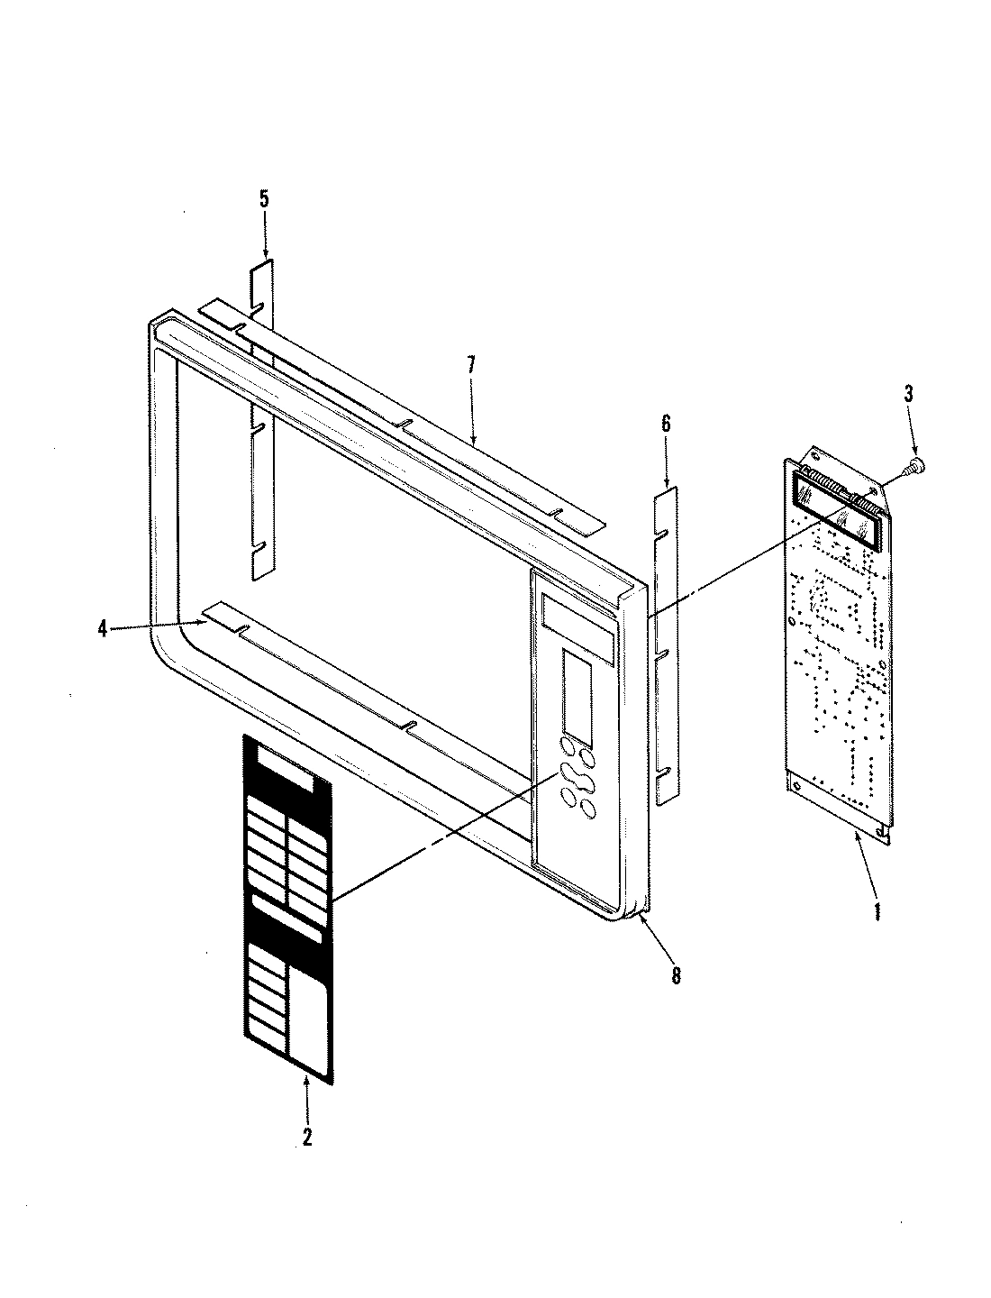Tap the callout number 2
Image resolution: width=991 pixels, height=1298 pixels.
coord(306,1138)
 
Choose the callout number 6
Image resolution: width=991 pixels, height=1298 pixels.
coord(666,424)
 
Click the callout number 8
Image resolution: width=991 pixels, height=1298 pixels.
coord(676,974)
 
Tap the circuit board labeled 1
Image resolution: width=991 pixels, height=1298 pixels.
coord(838,649)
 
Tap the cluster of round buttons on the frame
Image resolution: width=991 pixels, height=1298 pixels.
coord(577,775)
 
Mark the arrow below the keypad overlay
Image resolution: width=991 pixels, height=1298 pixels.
coord(306,1095)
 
